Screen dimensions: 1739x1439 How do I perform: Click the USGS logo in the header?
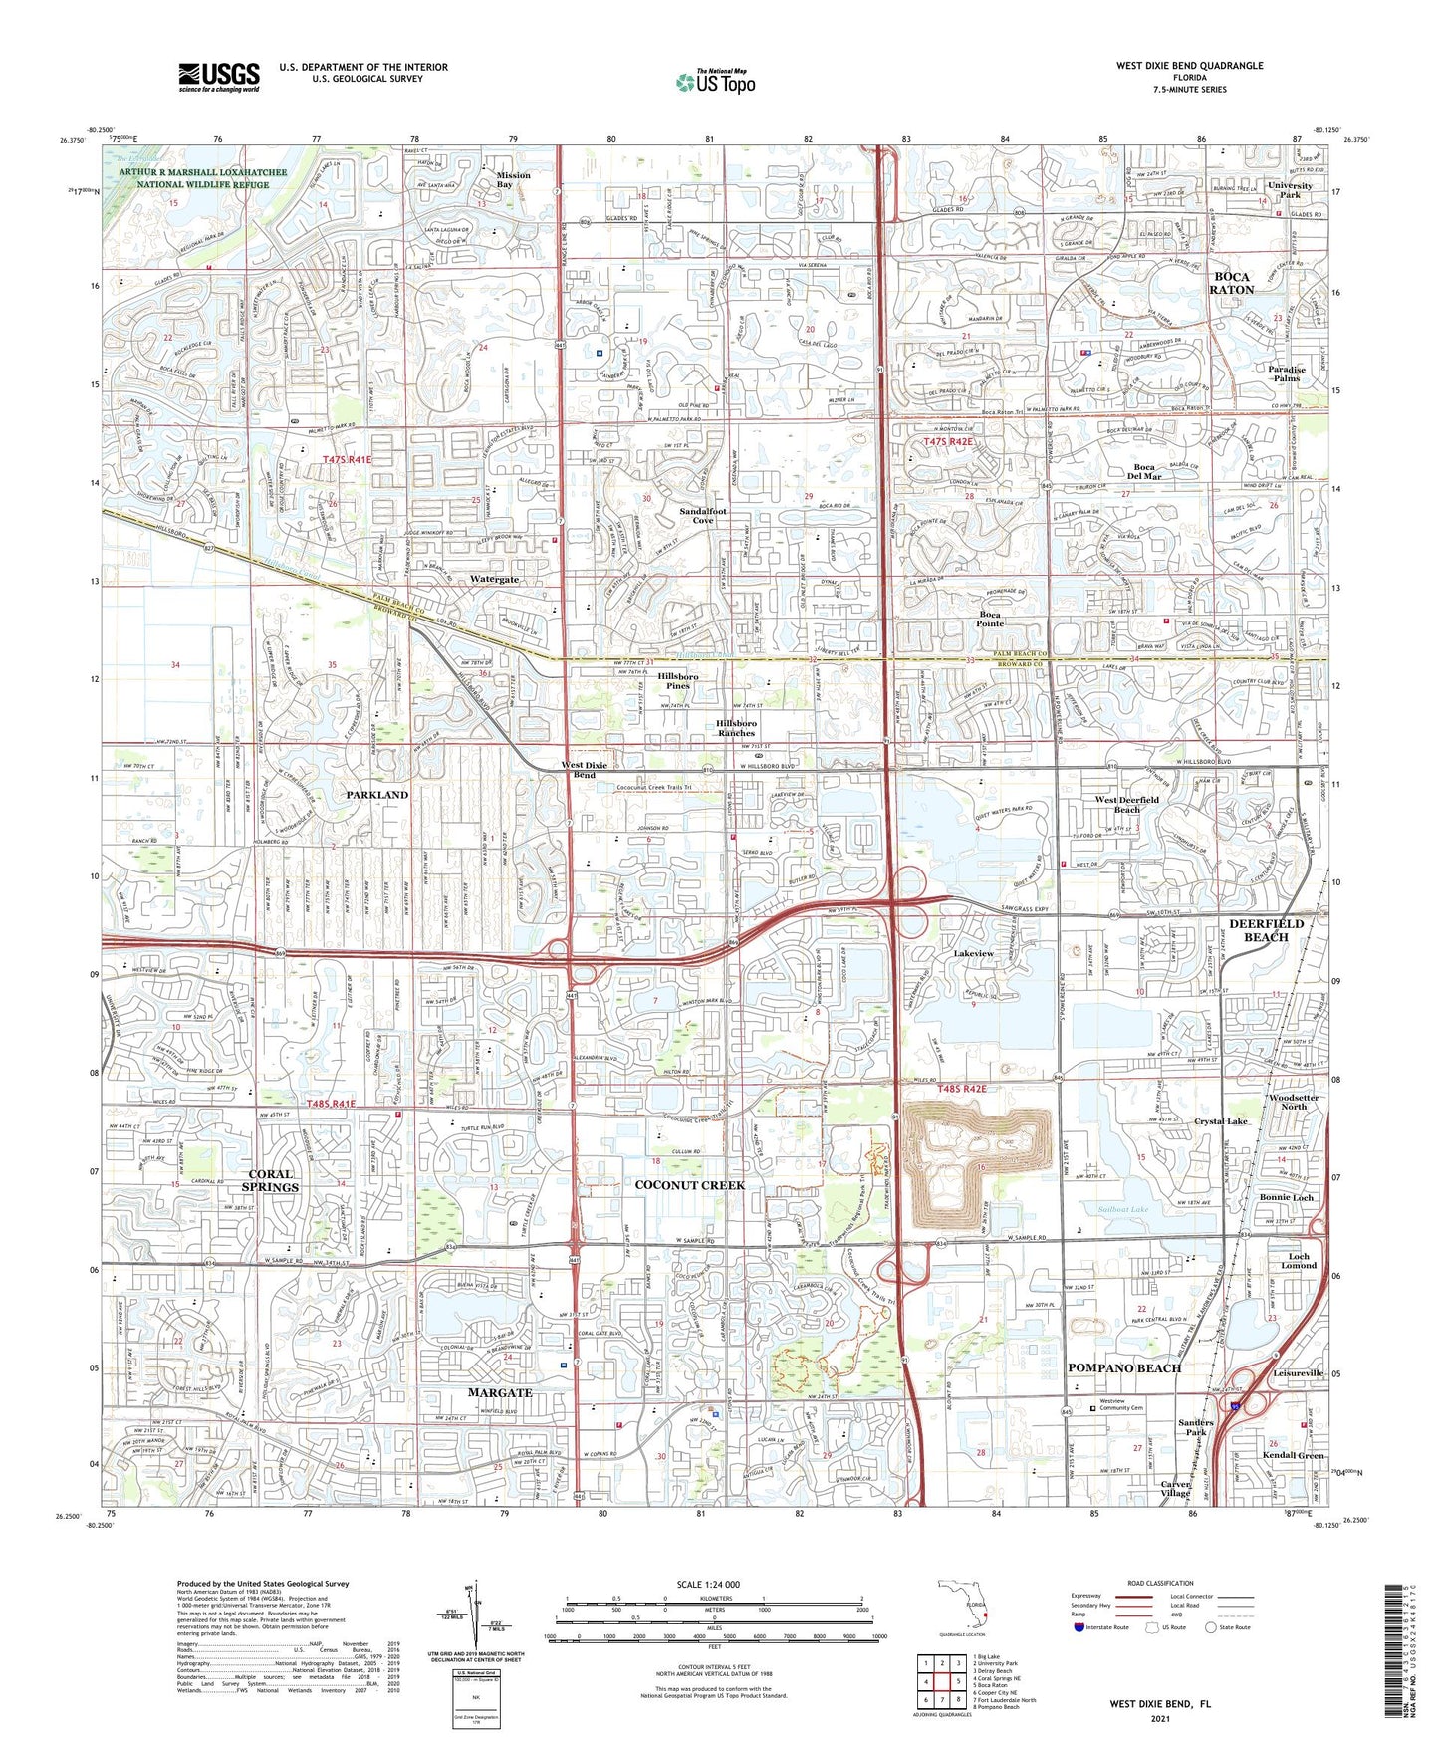click(219, 77)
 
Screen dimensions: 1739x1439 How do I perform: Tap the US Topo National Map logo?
click(715, 82)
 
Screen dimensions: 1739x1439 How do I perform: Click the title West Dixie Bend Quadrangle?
click(1189, 66)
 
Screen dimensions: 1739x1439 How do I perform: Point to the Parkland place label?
click(376, 794)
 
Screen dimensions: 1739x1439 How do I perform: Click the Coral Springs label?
click(270, 1180)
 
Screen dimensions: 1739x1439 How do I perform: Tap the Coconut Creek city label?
click(690, 1185)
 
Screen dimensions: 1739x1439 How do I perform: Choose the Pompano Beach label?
click(1124, 1367)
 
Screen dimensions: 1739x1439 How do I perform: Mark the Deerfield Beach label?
click(1265, 930)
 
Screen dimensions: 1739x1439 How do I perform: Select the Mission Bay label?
click(513, 180)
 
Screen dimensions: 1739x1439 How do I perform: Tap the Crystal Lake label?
click(1220, 1121)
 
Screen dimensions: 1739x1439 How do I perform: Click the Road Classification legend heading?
click(1159, 1583)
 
